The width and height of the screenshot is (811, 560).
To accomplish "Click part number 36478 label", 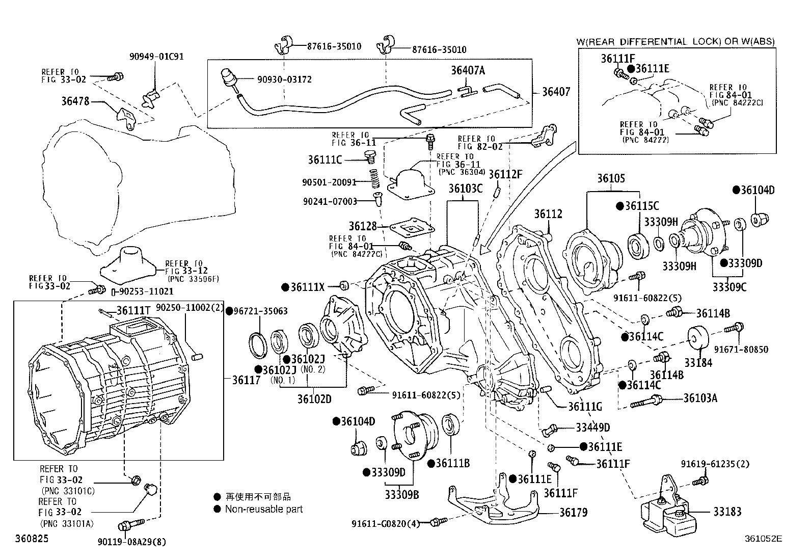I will tap(75, 101).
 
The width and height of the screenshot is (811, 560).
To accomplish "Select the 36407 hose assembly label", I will tap(556, 92).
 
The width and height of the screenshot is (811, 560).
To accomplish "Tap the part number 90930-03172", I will tap(284, 79).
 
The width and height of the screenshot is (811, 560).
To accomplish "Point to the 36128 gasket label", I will tap(363, 225).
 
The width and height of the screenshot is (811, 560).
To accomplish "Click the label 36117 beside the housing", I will tap(246, 380).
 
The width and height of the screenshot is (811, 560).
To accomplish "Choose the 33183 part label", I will tap(727, 512).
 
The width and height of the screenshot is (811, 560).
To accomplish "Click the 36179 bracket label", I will tap(573, 512).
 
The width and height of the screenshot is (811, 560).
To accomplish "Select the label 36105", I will tap(611, 178).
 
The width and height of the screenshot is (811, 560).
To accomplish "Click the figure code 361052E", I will tap(763, 538).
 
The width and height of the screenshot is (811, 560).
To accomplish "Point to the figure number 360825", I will tap(32, 538).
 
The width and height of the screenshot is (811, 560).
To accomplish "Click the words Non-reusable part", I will tap(264, 509).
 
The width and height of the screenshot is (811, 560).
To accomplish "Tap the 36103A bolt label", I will tap(700, 398).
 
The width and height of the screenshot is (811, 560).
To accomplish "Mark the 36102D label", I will tap(314, 398).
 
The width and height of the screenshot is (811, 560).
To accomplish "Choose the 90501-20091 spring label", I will tap(329, 182).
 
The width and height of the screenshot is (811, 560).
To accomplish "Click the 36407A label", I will tap(468, 71).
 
